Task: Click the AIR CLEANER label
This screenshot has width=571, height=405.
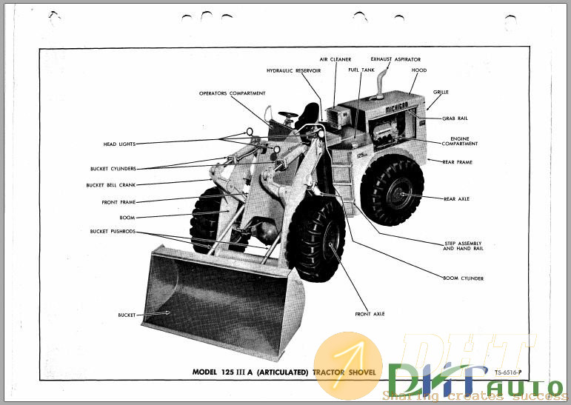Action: (335, 58)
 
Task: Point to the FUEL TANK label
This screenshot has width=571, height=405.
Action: (361, 70)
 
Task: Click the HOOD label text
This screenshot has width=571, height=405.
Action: (418, 70)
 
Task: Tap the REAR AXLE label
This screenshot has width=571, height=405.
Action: (456, 198)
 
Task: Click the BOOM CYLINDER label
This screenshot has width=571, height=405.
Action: (463, 278)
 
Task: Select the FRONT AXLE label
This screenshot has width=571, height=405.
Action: (370, 314)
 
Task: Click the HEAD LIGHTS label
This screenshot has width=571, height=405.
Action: (119, 144)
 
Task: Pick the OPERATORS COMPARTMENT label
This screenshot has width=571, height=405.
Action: (232, 93)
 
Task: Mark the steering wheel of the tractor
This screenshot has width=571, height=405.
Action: (288, 116)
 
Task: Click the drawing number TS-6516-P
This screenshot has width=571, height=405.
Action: (509, 372)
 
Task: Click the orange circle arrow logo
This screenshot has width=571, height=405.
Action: (348, 364)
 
